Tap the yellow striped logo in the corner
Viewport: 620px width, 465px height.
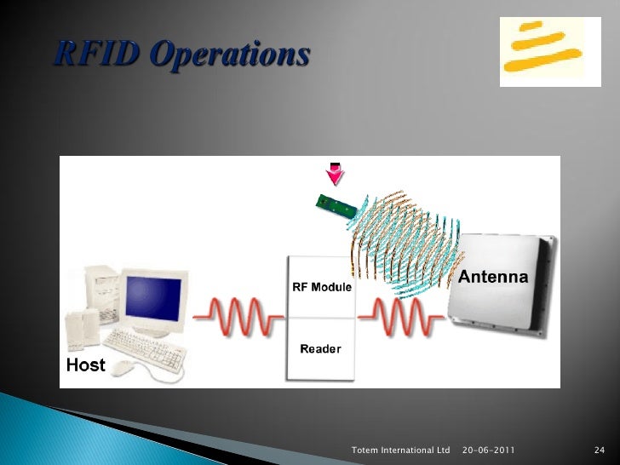pos(542,50)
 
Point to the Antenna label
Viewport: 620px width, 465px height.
pos(493,278)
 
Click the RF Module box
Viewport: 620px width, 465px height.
pos(322,287)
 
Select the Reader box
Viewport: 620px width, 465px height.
pos(322,349)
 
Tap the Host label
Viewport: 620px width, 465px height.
pos(86,365)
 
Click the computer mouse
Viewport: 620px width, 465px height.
pos(124,367)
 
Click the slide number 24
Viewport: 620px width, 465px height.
pos(597,449)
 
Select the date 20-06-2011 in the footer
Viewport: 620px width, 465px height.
pos(487,449)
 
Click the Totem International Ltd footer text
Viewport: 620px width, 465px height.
pos(399,449)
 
